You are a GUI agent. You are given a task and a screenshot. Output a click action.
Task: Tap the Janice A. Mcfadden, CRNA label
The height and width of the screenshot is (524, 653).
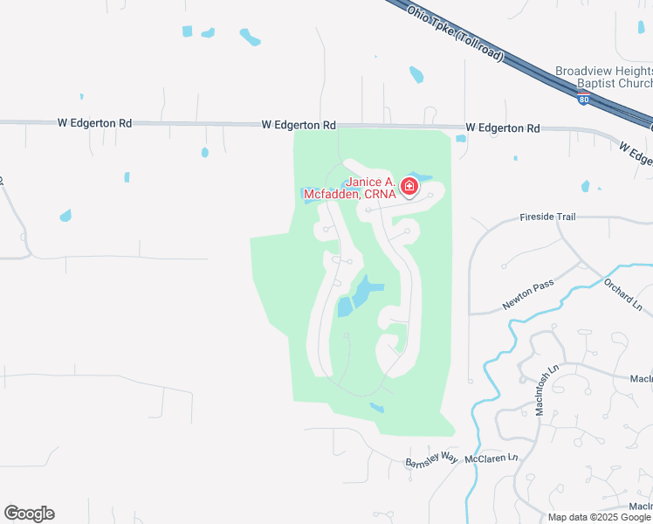pos(371,189)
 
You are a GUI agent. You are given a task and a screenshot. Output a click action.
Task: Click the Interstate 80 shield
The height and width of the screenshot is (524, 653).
pos(582,99)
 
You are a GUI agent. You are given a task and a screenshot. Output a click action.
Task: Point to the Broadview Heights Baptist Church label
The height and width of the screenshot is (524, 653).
pos(603,78)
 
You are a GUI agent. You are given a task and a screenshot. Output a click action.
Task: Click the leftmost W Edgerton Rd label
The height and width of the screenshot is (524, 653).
pos(94,124)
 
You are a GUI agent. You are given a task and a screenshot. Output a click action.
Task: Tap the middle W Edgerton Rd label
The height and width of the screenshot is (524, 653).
pos(299,126)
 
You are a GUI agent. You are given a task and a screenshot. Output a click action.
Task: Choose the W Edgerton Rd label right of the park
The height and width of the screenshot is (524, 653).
pos(502,128)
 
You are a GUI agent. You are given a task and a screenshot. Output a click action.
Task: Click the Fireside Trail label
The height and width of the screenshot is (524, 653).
pos(549,216)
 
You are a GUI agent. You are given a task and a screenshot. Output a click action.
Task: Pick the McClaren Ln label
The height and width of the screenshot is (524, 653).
pos(491,458)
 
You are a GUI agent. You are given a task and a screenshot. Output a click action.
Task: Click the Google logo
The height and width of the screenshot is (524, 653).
pos(29,514)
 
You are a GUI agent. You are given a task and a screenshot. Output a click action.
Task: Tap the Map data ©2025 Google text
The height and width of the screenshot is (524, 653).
pos(599,517)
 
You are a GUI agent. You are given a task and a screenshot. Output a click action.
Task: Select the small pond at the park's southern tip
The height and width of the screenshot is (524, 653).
pos(376,407)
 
